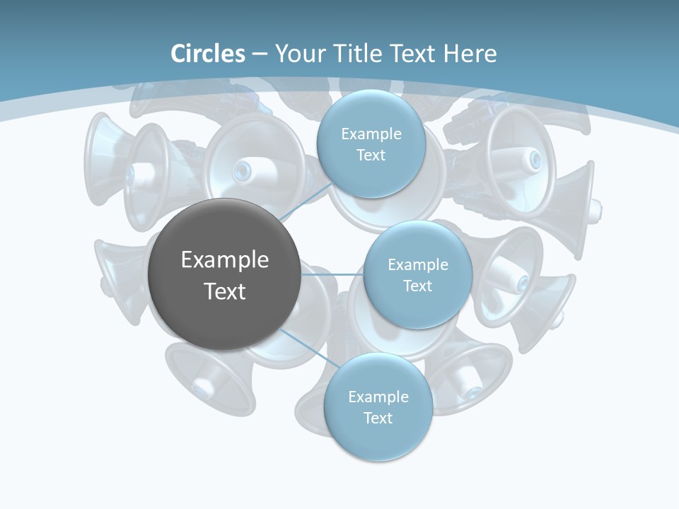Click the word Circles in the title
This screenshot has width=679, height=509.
coord(207,54)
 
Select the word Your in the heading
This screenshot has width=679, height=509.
coord(297,54)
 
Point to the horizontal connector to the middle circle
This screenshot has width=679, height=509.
coord(332,274)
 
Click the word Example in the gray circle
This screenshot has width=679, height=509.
coord(224,260)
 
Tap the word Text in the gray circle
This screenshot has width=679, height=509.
coord(224,291)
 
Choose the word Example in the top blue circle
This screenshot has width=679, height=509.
coord(371,134)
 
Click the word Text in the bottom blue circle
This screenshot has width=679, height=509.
coord(378,418)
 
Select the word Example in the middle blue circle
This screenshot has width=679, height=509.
coord(417,264)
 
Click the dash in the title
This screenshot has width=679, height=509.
coord(259,54)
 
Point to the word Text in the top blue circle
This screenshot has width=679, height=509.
coord(371,155)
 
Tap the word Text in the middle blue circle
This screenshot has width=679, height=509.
coord(417,286)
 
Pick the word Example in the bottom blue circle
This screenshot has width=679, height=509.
coord(378,397)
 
